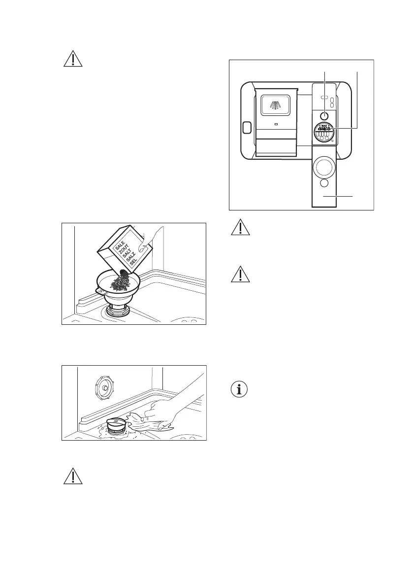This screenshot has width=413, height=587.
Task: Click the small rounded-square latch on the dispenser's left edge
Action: (x=247, y=128)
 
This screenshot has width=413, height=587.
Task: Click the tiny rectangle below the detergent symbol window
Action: (x=276, y=124)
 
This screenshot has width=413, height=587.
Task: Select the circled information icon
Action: (x=240, y=389)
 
